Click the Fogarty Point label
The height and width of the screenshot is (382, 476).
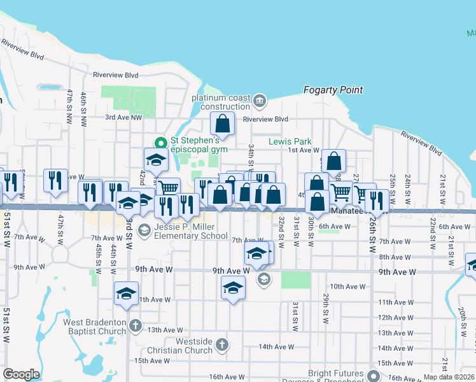point(333,90)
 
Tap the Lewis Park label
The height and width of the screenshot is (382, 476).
point(290,141)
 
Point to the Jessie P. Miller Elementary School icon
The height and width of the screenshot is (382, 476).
point(144,229)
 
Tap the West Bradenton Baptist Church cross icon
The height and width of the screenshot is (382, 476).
point(135,326)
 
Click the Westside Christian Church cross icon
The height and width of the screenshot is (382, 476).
point(221,345)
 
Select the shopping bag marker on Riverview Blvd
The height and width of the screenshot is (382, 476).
point(223,122)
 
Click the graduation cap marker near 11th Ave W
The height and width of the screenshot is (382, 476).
point(126,294)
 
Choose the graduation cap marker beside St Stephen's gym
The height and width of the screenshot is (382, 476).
point(155,160)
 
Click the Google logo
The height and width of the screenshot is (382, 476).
point(20,374)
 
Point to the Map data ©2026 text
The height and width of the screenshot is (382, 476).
point(449,377)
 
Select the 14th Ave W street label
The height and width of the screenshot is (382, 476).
point(276,347)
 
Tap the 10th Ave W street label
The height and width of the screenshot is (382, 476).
point(346,287)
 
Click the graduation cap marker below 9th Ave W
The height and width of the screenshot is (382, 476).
point(233,288)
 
